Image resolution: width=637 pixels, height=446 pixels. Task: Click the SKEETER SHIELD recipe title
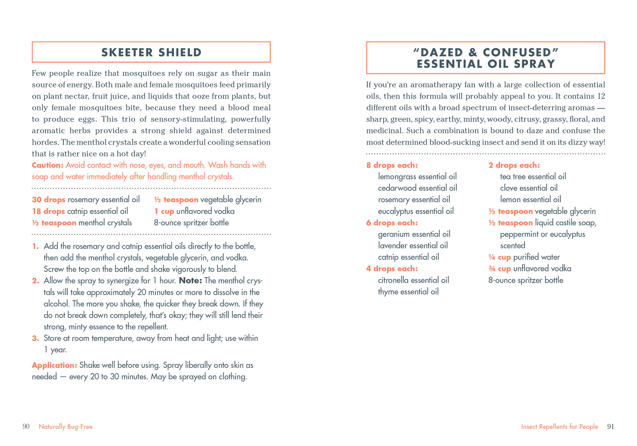[151, 52]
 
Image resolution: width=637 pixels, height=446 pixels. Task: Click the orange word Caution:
[48, 165]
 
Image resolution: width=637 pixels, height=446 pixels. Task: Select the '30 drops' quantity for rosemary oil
[49, 199]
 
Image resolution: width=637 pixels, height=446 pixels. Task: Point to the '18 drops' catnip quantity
[49, 211]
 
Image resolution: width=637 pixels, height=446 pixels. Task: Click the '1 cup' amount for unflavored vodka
[164, 211]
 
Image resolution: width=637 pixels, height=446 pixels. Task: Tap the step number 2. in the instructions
[36, 281]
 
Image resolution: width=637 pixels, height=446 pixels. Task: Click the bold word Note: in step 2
[190, 281]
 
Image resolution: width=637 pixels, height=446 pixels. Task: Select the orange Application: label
[54, 365]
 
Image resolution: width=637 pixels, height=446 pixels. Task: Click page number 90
[26, 426]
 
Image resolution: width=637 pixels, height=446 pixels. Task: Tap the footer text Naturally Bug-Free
[66, 427]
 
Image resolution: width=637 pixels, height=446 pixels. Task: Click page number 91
[611, 426]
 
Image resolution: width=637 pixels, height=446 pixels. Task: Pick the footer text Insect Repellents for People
[559, 427]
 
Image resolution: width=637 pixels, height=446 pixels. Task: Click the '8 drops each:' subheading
[392, 165]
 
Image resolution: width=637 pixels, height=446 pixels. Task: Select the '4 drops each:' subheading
[392, 269]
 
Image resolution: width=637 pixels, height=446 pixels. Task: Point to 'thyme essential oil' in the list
[408, 292]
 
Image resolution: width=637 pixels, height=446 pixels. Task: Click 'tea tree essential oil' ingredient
[533, 176]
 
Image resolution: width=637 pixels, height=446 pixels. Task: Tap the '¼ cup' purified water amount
[499, 257]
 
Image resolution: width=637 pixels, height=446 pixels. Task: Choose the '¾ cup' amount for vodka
[499, 269]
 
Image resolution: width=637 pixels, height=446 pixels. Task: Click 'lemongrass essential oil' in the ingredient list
[417, 176]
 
